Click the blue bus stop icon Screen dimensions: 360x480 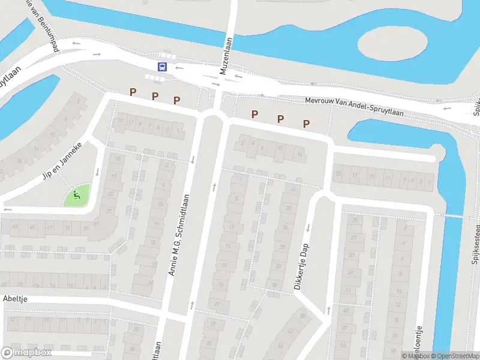pos(162,67)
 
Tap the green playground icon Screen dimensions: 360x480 pos(76,194)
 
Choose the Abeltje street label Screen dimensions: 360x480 pos(16,298)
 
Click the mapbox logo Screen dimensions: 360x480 pos(26,353)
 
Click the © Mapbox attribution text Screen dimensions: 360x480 pos(415,356)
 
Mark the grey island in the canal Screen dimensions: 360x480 pos(392,44)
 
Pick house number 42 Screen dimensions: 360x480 pos(292,331)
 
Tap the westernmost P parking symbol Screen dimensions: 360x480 pos(133,92)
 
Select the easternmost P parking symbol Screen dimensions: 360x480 pos(306,124)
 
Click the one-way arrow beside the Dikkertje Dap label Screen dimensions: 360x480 pos(308,227)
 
